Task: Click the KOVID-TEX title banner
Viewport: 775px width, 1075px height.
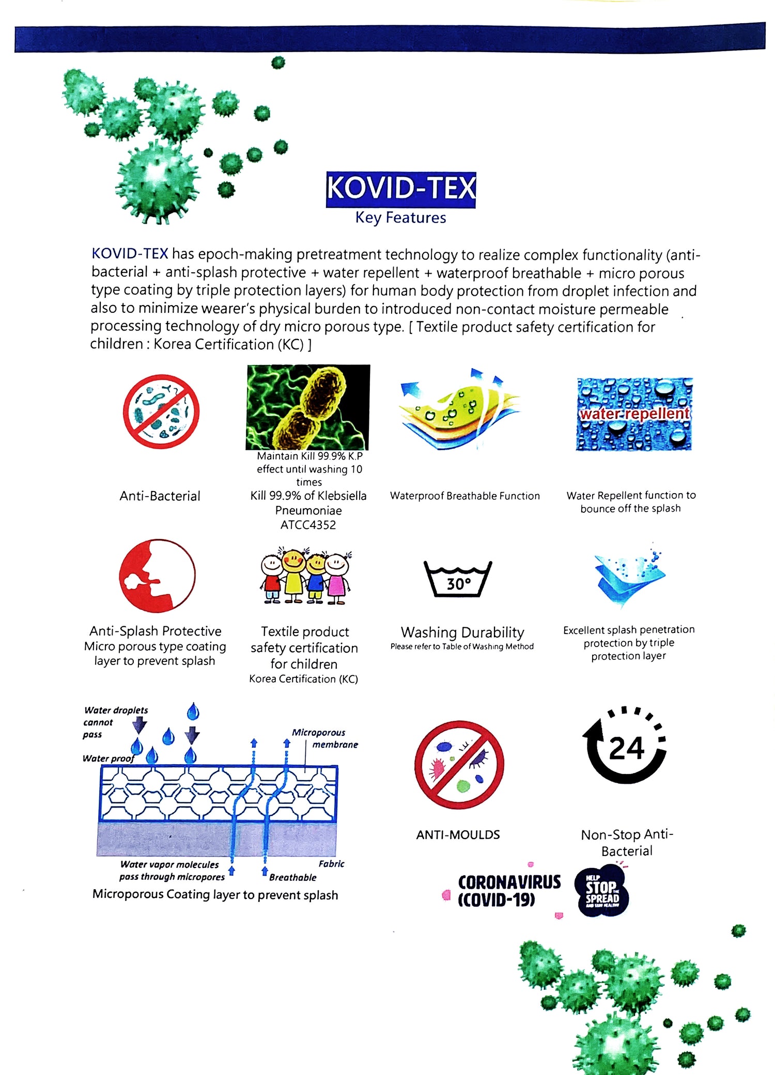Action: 400,189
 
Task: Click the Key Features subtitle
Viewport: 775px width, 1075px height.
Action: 400,218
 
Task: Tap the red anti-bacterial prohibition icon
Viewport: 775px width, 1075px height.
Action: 161,412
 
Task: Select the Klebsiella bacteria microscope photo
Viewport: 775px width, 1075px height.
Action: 308,407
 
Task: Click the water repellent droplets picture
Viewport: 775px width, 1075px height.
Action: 634,414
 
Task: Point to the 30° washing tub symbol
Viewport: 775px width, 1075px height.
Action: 458,579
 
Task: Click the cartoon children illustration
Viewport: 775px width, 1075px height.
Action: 305,576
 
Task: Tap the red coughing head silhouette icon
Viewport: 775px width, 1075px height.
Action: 157,576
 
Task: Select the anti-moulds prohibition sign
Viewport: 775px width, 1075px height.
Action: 459,764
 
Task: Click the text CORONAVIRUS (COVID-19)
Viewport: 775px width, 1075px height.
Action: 508,891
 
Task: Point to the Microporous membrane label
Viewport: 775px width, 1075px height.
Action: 326,738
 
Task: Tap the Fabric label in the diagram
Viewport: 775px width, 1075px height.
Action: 331,864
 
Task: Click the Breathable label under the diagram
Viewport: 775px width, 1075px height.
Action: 292,877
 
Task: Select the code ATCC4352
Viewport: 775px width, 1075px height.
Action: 308,525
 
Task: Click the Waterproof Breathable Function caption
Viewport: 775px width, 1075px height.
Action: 464,496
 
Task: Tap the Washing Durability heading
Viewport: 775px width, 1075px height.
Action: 462,633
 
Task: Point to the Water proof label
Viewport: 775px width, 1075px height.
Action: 108,758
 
